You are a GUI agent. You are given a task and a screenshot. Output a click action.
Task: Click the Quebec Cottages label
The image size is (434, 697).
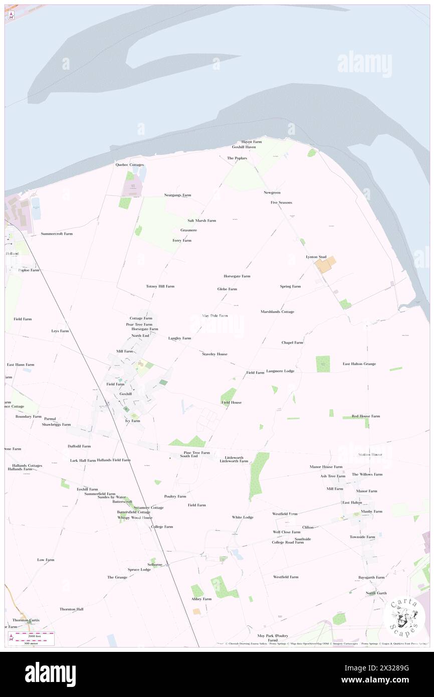pos(129,164)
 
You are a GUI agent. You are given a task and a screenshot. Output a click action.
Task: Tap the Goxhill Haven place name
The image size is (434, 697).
pos(244,147)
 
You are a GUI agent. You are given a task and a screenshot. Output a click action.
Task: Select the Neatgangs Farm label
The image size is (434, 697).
pos(177,195)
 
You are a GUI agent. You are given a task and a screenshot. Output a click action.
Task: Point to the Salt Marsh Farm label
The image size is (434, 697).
pos(201,221)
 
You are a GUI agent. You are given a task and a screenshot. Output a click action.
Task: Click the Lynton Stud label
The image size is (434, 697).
pos(316,257)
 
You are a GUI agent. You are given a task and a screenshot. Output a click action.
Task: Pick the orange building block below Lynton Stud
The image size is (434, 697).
pos(325,264)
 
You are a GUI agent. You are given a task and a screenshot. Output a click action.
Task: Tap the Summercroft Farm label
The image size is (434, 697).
pos(57,234)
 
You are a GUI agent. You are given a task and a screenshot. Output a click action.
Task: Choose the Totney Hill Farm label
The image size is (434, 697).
pos(160,286)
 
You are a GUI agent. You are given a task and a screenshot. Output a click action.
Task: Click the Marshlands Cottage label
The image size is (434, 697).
pos(277,312)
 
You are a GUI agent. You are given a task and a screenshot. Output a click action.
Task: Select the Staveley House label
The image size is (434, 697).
pos(214,354)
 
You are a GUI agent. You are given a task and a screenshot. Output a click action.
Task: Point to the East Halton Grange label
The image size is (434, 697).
pos(359,364)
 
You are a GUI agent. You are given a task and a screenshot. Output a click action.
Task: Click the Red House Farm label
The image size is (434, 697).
pos(365,416)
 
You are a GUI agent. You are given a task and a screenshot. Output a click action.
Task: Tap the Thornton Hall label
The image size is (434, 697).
pos(71,609)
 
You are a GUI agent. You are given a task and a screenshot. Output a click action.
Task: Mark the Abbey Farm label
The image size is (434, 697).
pos(201,599)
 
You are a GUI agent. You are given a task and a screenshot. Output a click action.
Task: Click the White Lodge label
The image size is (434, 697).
pos(243,517)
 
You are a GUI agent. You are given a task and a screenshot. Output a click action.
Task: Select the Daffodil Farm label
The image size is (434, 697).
pos(79,446)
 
